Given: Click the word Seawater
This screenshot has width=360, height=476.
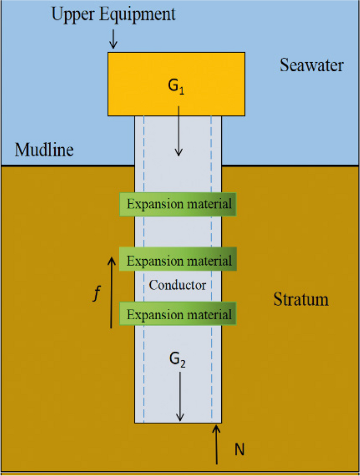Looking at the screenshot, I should point(311,66).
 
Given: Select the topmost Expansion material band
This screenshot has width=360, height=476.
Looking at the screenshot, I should point(178,204).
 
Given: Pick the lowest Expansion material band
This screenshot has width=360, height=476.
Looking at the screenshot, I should point(178,315).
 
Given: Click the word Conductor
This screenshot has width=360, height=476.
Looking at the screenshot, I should point(177,286).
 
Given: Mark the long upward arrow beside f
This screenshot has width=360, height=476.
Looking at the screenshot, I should point(111,292).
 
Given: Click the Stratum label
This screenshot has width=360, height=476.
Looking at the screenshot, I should point(301,300).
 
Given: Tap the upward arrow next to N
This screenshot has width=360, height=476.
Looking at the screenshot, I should point(216,445).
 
